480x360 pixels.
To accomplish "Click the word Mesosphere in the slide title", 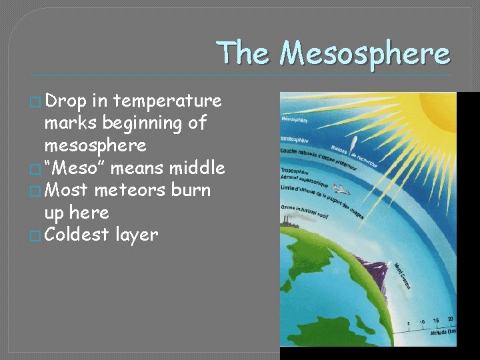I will tap(365, 53).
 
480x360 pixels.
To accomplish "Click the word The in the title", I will tap(244, 53).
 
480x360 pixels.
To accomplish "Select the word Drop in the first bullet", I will tap(67, 101).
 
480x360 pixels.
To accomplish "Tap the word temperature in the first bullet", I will tap(168, 101).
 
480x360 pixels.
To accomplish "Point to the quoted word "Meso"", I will tap(75, 168).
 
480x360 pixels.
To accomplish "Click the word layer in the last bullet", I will tap(137, 235).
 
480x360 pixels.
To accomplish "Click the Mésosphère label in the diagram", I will tap(295, 120).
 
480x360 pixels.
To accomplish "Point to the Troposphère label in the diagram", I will tap(295, 171).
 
